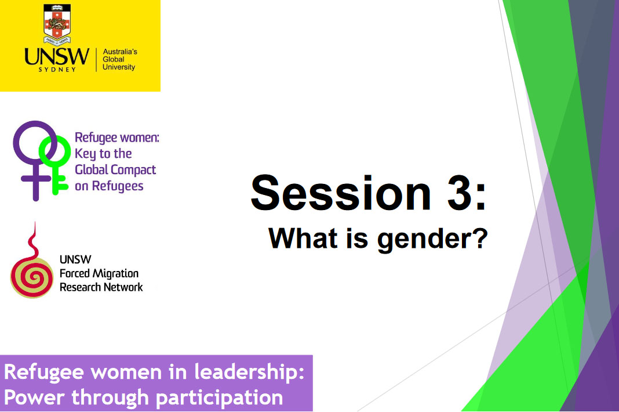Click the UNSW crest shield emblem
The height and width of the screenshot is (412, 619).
pos(57,24)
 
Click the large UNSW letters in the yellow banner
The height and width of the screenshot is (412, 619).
pos(57,57)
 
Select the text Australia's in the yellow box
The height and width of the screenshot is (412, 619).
pos(119,52)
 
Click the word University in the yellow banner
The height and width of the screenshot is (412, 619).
pos(119,67)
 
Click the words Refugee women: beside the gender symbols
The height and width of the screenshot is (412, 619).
pos(116,138)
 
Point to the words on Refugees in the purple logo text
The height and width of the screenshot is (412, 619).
pos(109,186)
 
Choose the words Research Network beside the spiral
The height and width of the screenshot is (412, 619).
pos(101,287)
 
